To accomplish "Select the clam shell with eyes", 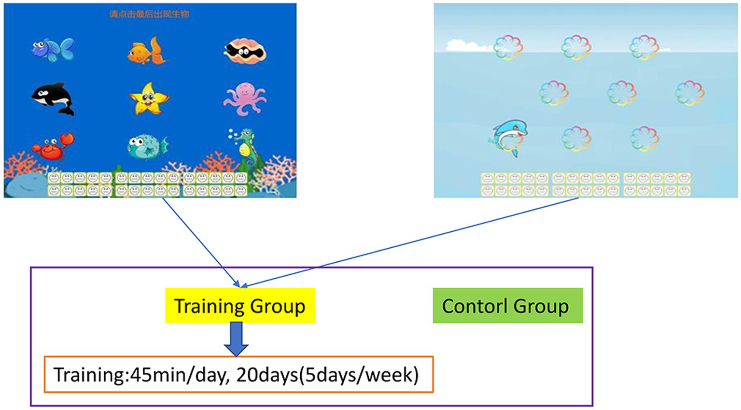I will coord(245,51).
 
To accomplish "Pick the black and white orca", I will coord(53,98).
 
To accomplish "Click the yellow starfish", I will coord(149,99).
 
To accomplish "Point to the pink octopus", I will coord(244,99).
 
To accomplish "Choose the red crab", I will coord(53,146).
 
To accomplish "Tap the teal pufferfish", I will coord(147,146).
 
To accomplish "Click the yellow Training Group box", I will coord(239,306).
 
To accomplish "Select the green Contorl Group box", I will coord(507,306).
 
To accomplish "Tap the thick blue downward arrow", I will coord(236,339).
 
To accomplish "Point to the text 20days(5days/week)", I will coord(327,375).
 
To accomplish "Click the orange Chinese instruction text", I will coord(149,14).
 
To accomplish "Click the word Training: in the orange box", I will coord(89,375).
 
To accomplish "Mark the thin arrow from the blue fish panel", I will coord(200,241).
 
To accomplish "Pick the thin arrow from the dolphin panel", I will coord(410,241).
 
